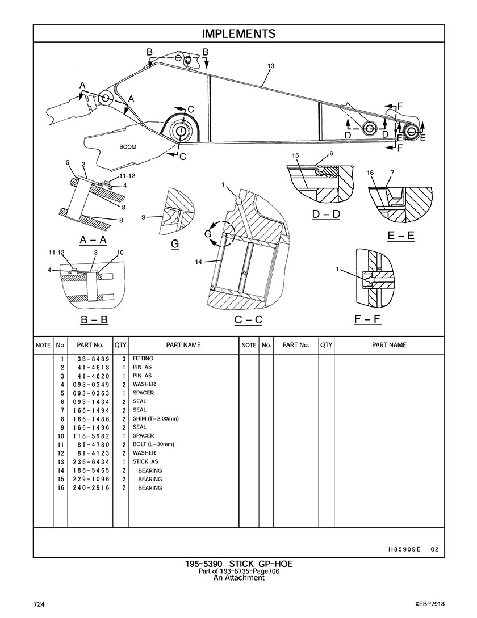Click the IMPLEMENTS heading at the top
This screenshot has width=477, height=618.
click(x=238, y=34)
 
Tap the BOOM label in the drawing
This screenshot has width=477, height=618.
click(x=128, y=147)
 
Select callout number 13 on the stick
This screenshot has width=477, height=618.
click(x=271, y=66)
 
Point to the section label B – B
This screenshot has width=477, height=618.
click(x=94, y=319)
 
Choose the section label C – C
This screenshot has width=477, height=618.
click(x=248, y=320)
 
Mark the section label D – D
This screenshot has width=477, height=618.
click(x=326, y=215)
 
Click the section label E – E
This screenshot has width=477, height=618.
click(x=401, y=236)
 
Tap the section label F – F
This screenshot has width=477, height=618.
click(x=367, y=319)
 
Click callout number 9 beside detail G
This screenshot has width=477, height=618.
click(x=144, y=217)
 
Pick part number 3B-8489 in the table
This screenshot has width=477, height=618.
click(x=91, y=359)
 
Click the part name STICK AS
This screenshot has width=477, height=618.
click(x=145, y=462)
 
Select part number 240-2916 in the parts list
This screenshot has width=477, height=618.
click(x=91, y=488)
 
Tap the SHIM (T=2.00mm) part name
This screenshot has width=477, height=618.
click(x=156, y=419)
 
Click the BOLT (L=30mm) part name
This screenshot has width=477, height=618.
click(x=153, y=444)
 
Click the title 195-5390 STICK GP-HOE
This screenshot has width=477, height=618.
click(x=238, y=564)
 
